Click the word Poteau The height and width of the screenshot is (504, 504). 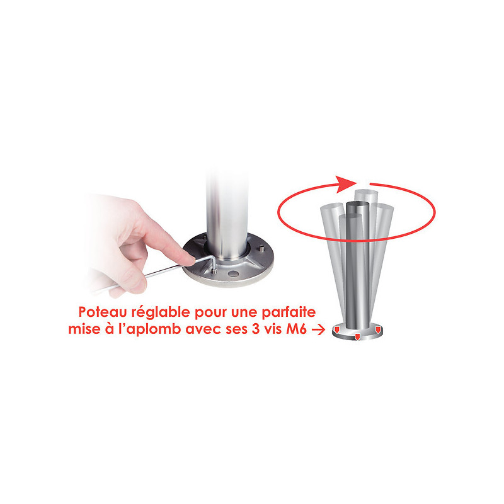click(x=103, y=312)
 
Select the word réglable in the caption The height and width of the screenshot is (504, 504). click(x=161, y=312)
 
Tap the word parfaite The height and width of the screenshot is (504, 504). click(x=289, y=312)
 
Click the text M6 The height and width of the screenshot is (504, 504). click(x=296, y=329)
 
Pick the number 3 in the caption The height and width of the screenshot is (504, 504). click(x=256, y=329)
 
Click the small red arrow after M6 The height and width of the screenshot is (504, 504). click(x=318, y=329)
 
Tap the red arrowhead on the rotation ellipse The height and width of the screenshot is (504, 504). click(x=346, y=184)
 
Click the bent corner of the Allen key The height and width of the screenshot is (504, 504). click(x=214, y=256)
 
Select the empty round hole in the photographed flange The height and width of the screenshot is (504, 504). click(x=232, y=274)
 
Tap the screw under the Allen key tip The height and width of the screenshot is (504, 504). click(x=214, y=272)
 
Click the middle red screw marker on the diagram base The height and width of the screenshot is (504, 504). click(x=357, y=337)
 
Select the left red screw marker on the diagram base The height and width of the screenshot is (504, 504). click(x=337, y=329)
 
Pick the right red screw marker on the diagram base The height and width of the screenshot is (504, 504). click(x=378, y=329)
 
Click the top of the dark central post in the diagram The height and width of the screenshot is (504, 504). click(x=357, y=204)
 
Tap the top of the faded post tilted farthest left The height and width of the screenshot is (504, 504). click(x=332, y=207)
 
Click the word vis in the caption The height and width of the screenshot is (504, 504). click(x=273, y=329)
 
